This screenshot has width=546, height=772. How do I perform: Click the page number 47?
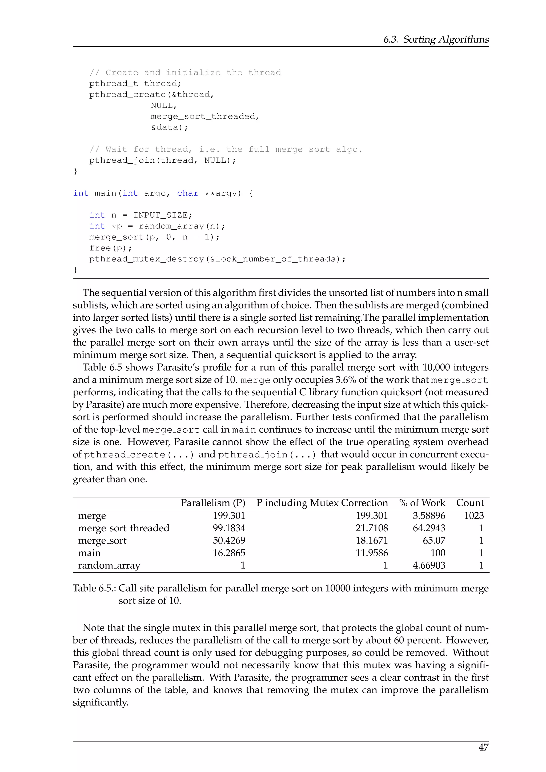point(483,747)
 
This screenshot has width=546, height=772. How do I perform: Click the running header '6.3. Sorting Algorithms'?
point(436,39)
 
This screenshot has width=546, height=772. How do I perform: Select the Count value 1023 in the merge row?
point(474,516)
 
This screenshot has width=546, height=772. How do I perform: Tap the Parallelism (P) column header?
point(213,503)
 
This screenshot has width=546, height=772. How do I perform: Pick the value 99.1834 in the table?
point(229,528)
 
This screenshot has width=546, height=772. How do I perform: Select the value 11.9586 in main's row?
point(372,553)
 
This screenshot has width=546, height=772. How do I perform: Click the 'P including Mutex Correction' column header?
point(322,503)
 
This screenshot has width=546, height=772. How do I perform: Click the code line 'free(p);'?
point(111,248)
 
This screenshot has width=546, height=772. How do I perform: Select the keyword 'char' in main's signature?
point(188,193)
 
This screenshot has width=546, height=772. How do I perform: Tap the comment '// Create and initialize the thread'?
point(185,73)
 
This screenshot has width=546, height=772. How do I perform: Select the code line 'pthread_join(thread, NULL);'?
point(162,160)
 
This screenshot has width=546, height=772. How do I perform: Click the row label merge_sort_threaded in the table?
point(124,528)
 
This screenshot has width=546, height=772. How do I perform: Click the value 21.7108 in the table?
point(372,528)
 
